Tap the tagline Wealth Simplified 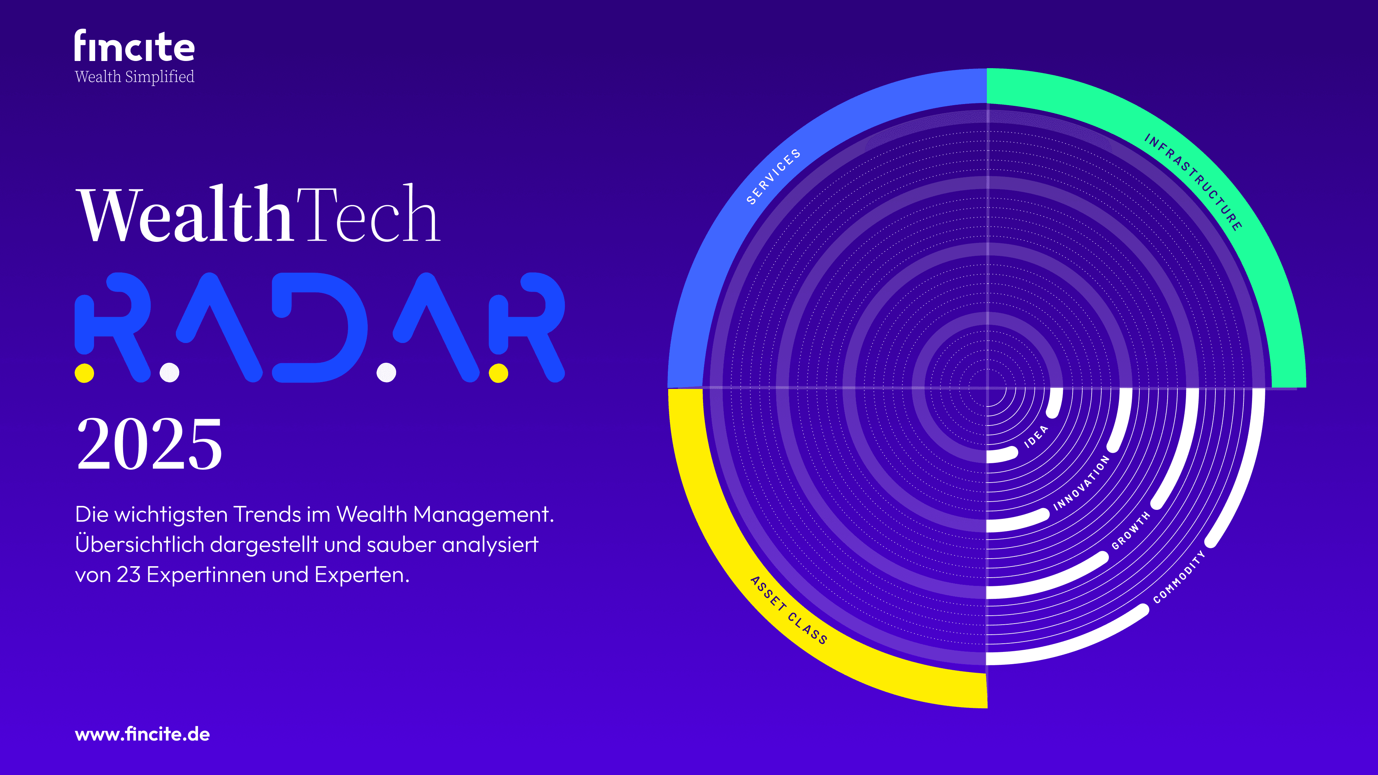(x=134, y=76)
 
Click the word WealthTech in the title (x=259, y=214)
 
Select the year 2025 (x=149, y=444)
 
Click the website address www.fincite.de (x=142, y=734)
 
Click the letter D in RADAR (x=319, y=327)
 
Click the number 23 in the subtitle (x=129, y=574)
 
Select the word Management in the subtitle (x=483, y=514)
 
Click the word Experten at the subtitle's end (x=362, y=575)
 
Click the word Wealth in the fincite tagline (x=98, y=76)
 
